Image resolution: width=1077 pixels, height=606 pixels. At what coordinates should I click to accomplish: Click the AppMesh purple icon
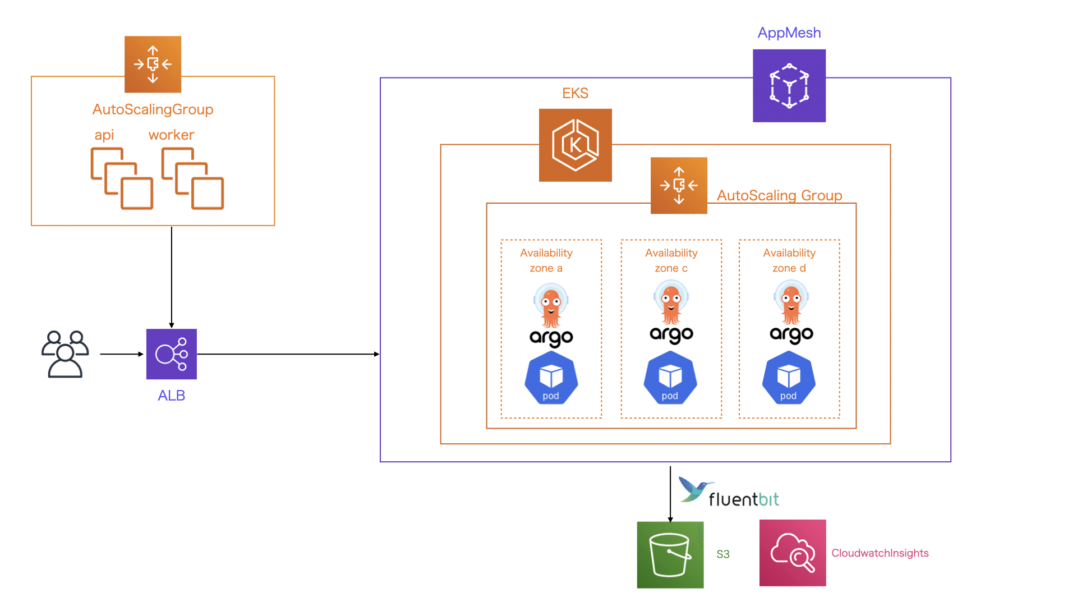(789, 86)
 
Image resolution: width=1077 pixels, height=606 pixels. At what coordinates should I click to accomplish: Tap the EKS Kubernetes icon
(575, 145)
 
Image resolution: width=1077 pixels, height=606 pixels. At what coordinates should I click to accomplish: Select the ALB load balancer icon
(172, 354)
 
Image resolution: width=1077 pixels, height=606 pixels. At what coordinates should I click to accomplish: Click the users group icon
(65, 354)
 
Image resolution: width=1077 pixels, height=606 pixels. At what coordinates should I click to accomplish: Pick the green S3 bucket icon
(670, 555)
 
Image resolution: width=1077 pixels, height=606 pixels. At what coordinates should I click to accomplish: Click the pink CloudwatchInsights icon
(792, 553)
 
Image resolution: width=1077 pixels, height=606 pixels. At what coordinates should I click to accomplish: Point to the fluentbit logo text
(743, 499)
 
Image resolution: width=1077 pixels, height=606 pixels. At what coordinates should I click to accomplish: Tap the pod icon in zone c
(670, 378)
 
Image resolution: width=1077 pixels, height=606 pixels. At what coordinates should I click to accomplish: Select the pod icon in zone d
(788, 378)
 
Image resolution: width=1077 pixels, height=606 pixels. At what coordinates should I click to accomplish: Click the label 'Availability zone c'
(671, 260)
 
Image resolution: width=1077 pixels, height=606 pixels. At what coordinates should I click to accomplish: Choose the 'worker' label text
(171, 135)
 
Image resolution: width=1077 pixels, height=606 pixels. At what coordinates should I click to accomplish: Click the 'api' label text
(104, 135)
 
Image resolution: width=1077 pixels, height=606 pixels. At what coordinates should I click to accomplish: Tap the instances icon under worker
(192, 178)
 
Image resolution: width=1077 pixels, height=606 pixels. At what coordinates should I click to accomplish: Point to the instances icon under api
(122, 178)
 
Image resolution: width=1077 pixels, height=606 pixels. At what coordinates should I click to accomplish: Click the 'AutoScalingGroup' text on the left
(153, 109)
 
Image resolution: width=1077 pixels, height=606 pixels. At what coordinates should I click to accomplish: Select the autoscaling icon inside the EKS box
(679, 186)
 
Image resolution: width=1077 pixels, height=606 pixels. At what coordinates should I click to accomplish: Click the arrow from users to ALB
(122, 354)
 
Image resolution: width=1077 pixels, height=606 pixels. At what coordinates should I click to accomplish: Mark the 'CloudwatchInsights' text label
(880, 553)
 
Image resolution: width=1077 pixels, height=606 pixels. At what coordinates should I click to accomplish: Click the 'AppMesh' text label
(789, 33)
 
